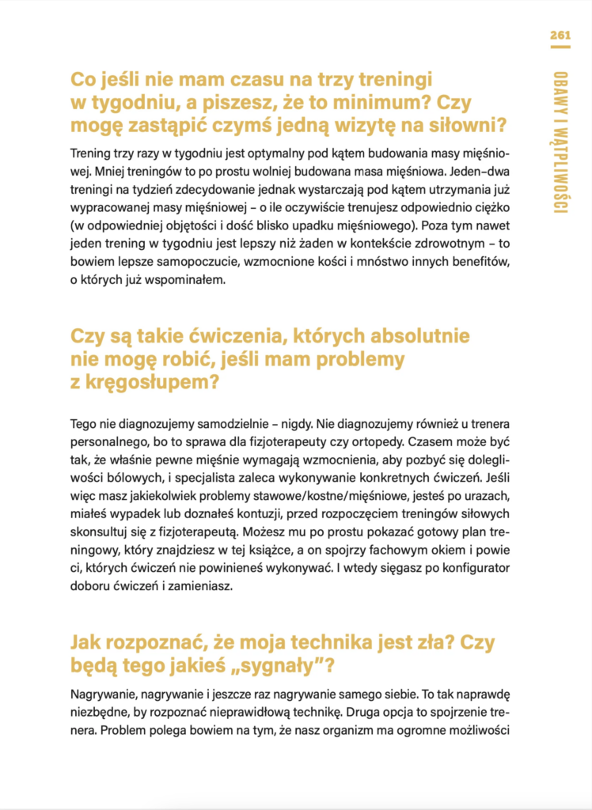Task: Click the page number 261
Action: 560,36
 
